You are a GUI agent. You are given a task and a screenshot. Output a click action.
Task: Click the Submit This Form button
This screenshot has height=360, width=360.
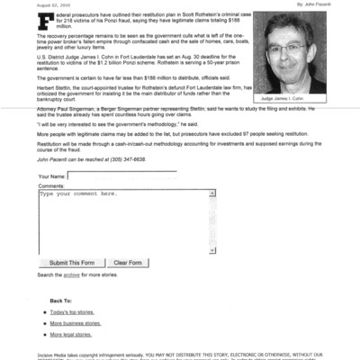pyautogui.click(x=74, y=262)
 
